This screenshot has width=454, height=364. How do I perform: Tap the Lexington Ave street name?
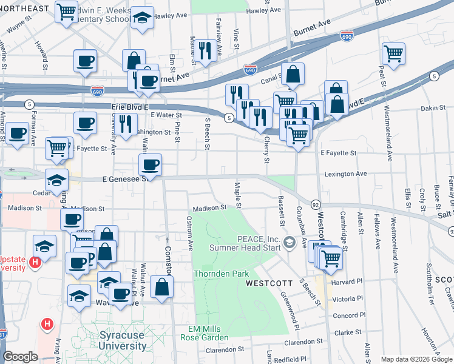[x=345, y=174]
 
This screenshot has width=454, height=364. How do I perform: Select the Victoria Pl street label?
[x=347, y=298]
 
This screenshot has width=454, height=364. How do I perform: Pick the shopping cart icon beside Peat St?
[x=394, y=55]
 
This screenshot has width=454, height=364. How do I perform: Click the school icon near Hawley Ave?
[x=143, y=18]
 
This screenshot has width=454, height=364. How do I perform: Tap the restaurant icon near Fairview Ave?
[x=205, y=52]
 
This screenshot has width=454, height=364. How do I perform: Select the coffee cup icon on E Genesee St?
[x=150, y=165]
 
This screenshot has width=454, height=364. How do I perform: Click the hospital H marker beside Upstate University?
[x=35, y=263]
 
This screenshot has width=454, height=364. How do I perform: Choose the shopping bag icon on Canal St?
[x=293, y=75]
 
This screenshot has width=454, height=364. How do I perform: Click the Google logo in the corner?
[x=20, y=356]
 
